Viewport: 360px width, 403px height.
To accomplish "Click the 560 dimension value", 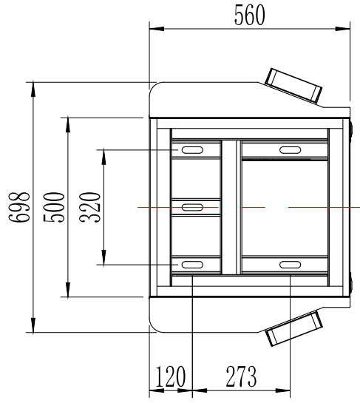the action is coord(249,15).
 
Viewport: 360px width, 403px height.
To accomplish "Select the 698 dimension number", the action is coord(19,207).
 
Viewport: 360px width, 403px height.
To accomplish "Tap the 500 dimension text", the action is coord(54,207).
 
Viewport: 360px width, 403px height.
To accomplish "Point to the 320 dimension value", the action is coord(89,207).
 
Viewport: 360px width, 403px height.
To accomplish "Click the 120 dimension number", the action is coord(170,376).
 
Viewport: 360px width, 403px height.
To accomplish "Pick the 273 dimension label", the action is coord(241,376).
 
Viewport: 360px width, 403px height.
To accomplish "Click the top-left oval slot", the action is coord(192,150).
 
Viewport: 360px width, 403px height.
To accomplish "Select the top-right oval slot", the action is coord(290,150).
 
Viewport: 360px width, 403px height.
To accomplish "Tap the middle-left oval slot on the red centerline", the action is coord(192,207).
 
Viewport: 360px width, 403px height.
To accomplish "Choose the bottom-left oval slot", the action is coord(192,265).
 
